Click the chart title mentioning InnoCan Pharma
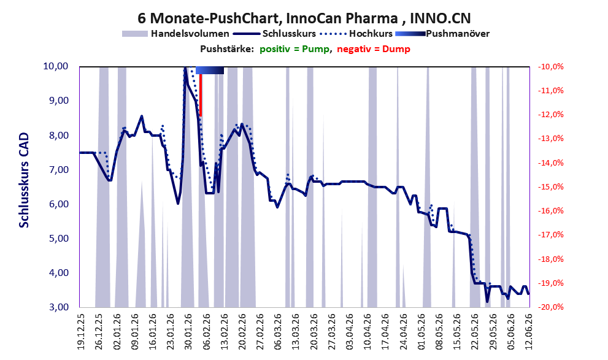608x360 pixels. [304, 18]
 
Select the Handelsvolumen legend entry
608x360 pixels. [175, 34]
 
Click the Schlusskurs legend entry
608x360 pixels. [275, 34]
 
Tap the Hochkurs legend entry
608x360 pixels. [356, 34]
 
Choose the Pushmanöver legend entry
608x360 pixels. [442, 34]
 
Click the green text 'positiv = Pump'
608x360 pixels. [294, 49]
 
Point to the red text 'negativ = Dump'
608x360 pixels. [374, 49]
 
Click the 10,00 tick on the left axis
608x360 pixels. [55, 66]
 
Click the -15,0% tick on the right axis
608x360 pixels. [550, 187]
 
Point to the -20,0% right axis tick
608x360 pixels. [550, 307]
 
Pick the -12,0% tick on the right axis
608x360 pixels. [550, 115]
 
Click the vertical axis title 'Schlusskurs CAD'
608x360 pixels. [24, 180]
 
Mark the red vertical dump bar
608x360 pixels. [201, 95]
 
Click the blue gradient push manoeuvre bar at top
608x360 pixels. [210, 70]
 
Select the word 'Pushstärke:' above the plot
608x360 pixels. [227, 49]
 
